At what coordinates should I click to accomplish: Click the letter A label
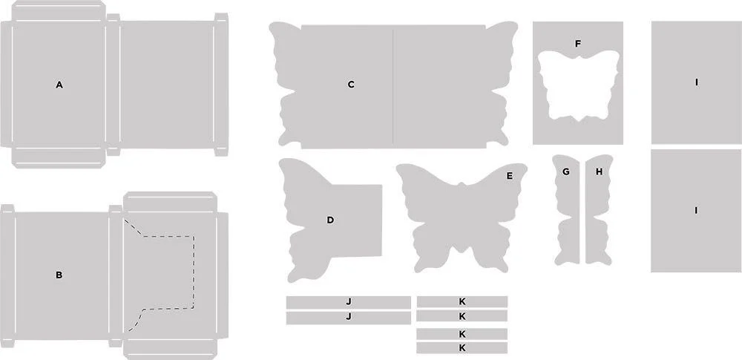[x=59, y=85]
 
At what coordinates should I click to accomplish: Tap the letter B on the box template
[x=59, y=275]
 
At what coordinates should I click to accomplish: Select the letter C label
[x=351, y=85]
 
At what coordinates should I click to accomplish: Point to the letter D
[x=330, y=220]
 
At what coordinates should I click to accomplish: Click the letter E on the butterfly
[x=510, y=176]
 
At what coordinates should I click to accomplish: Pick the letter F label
[x=578, y=44]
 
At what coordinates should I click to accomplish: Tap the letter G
[x=565, y=172]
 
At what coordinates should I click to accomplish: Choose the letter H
[x=599, y=172]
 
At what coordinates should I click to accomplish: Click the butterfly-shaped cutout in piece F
[x=578, y=85]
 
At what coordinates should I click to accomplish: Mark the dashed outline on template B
[x=194, y=270]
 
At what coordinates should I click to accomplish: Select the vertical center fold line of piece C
[x=393, y=86]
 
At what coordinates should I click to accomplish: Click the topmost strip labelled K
[x=462, y=302]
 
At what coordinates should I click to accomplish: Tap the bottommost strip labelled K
[x=462, y=347]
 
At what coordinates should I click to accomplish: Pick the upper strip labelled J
[x=348, y=302]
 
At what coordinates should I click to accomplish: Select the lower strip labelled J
[x=348, y=318]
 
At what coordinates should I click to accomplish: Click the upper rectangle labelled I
[x=696, y=82]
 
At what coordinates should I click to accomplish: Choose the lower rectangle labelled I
[x=696, y=211]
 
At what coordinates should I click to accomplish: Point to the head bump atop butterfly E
[x=461, y=185]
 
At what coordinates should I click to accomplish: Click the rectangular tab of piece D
[x=360, y=220]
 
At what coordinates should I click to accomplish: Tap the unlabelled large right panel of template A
[x=166, y=85]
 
